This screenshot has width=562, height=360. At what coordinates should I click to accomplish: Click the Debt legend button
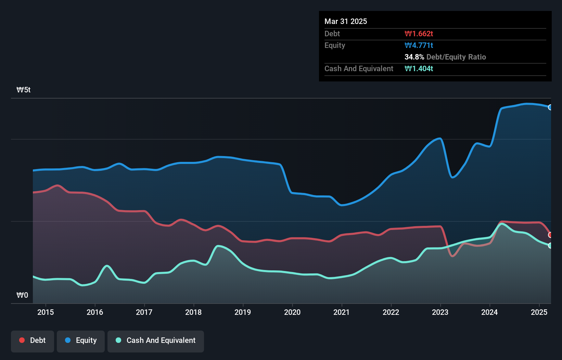[33, 341]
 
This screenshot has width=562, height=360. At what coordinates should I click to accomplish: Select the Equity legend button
[81, 341]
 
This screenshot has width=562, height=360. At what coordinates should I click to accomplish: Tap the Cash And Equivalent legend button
[156, 341]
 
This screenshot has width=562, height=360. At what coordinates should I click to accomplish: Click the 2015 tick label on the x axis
[46, 312]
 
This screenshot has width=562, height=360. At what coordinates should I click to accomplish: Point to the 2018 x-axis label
[193, 312]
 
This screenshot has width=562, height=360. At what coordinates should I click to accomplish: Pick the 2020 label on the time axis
[292, 312]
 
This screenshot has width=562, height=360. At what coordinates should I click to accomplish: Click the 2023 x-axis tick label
[440, 312]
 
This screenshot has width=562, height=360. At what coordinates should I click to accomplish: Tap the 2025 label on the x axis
[539, 312]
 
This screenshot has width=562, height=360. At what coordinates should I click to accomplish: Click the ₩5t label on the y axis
[24, 90]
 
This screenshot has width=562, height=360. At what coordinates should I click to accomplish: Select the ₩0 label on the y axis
[22, 295]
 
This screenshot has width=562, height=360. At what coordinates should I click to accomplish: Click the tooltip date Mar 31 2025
[346, 21]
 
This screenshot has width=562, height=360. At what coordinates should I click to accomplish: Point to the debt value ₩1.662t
[419, 34]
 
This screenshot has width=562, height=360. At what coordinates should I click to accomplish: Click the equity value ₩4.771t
[419, 45]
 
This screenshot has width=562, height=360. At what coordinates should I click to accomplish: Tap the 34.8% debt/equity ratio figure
[414, 57]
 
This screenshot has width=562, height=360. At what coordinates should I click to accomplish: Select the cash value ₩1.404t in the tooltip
[419, 68]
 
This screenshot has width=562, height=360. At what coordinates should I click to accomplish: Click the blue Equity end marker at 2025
[550, 107]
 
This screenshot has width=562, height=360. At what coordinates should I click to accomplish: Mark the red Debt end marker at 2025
[550, 235]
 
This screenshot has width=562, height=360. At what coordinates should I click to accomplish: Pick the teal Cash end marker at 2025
[550, 245]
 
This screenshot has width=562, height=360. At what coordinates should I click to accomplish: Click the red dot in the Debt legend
[22, 340]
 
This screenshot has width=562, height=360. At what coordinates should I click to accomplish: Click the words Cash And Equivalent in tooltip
[359, 68]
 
